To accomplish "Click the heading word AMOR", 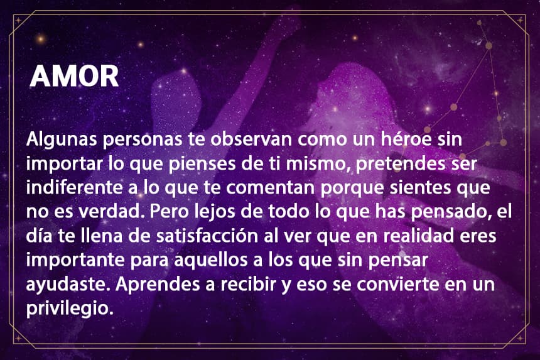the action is [74, 76].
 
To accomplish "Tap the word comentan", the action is [271, 188].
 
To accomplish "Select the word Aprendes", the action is [158, 285].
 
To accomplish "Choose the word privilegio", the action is [70, 308].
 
